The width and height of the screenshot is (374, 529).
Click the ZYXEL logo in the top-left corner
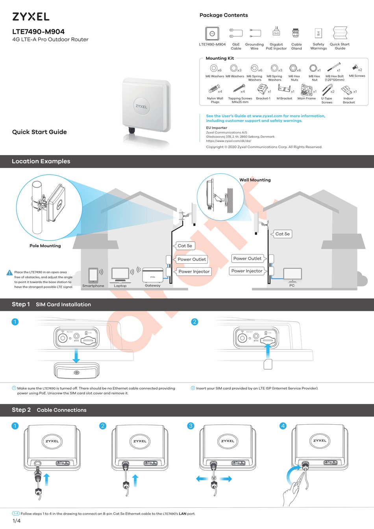click(x=31, y=17)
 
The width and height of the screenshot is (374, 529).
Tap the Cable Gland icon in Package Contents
click(x=296, y=33)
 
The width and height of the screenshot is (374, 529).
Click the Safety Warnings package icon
click(x=318, y=33)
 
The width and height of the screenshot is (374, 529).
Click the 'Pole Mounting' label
click(x=45, y=246)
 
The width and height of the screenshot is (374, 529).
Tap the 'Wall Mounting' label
click(x=255, y=180)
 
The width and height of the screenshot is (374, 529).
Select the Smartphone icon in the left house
click(x=93, y=276)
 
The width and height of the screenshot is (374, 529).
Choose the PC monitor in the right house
click(x=293, y=274)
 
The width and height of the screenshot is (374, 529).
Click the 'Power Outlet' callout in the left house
click(x=192, y=259)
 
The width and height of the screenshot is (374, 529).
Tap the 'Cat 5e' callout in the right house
click(x=282, y=234)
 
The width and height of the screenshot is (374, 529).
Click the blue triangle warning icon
click(x=10, y=272)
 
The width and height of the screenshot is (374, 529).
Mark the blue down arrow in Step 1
click(x=76, y=355)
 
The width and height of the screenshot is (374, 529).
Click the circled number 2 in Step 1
click(x=194, y=322)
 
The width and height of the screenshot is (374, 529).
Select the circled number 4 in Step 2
click(x=283, y=426)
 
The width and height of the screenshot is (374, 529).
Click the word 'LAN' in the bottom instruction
click(x=183, y=514)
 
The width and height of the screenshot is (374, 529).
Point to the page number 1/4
click(x=17, y=521)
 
